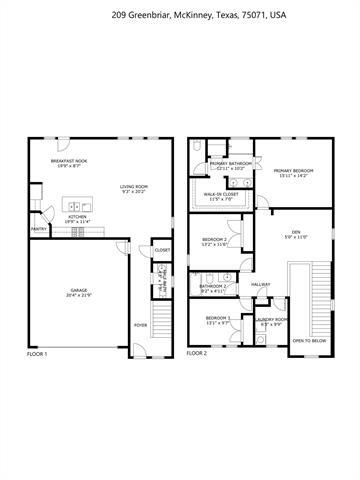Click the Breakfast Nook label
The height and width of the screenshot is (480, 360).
(69, 161)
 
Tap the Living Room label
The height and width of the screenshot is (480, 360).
(134, 186)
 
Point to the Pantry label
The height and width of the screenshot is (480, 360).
(38, 228)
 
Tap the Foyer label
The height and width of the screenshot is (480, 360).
(140, 324)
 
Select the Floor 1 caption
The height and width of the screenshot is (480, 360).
(38, 353)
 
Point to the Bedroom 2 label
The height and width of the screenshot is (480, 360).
(216, 241)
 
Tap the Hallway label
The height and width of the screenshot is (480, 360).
(261, 285)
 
